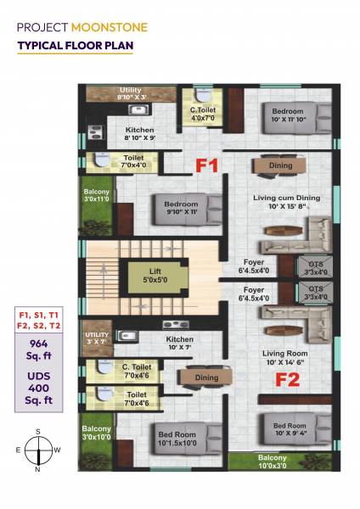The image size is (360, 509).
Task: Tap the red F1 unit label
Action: (x=209, y=166)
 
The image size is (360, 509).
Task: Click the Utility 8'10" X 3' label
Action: (x=131, y=93)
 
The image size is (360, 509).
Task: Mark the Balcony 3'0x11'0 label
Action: (x=96, y=197)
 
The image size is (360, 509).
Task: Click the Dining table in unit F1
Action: (x=280, y=165)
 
